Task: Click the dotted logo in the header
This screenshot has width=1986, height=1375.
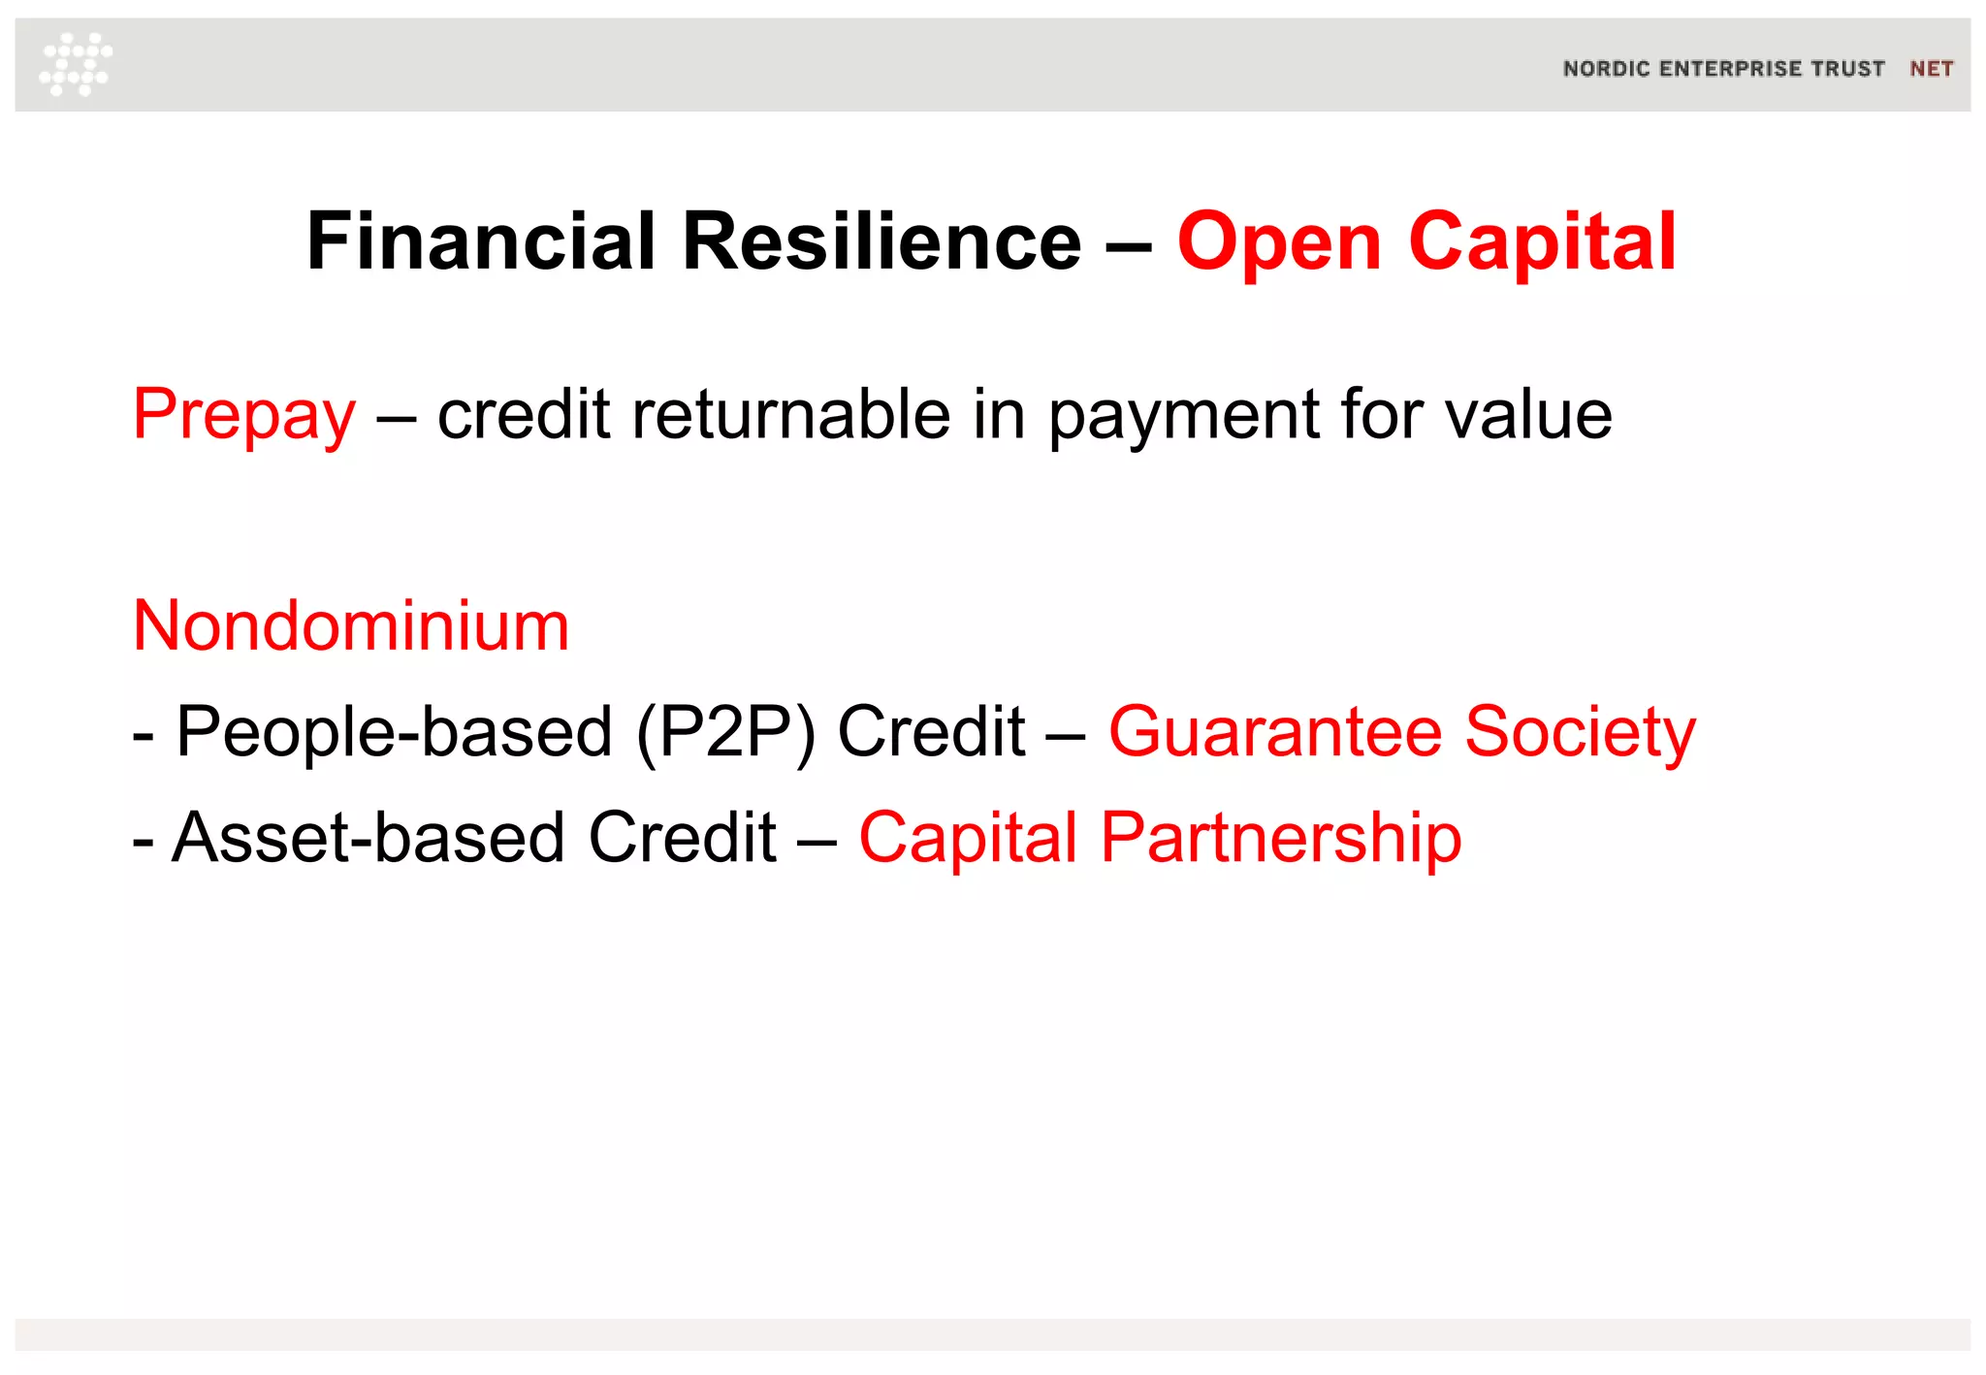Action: [76, 64]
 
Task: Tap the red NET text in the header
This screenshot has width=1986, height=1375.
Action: [1931, 69]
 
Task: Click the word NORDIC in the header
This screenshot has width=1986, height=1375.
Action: [1606, 69]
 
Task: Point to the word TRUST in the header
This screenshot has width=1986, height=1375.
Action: [1848, 69]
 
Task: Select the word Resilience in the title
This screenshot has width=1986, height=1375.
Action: [881, 241]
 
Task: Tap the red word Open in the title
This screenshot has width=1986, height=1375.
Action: [1279, 243]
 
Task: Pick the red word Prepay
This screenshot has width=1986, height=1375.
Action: [244, 416]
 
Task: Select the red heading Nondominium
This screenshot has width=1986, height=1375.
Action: [351, 625]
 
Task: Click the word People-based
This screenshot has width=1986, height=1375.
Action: [394, 732]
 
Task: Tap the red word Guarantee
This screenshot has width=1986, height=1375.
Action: [1275, 731]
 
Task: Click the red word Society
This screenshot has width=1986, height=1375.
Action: [1580, 733]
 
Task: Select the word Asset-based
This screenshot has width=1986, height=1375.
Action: [368, 838]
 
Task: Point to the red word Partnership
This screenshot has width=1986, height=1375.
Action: [1281, 838]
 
